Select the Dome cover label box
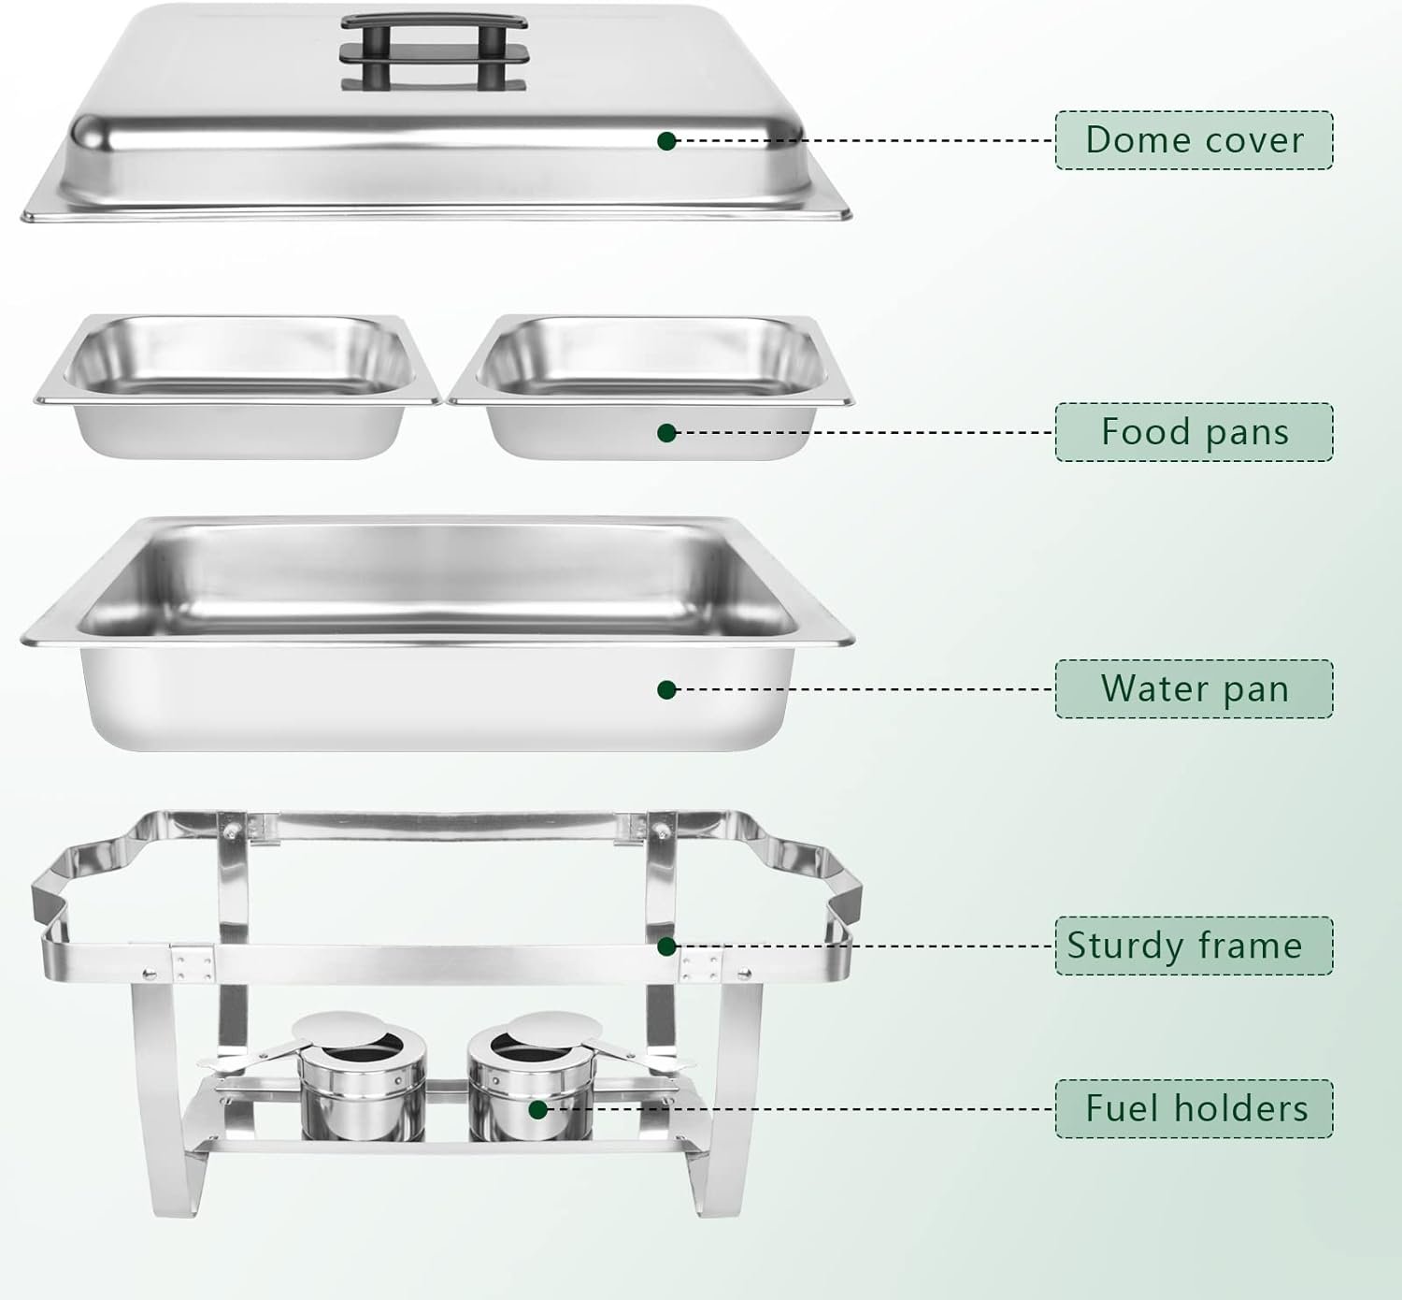click(x=1194, y=140)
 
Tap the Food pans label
click(x=1194, y=432)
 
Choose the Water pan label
click(x=1194, y=689)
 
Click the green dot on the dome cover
click(x=666, y=141)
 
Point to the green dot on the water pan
click(x=666, y=690)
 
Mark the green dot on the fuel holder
click(x=537, y=1110)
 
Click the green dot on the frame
click(x=666, y=946)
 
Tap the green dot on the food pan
click(x=666, y=433)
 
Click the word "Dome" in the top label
click(x=1133, y=140)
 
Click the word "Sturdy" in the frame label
click(x=1124, y=946)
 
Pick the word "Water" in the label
click(x=1148, y=689)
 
